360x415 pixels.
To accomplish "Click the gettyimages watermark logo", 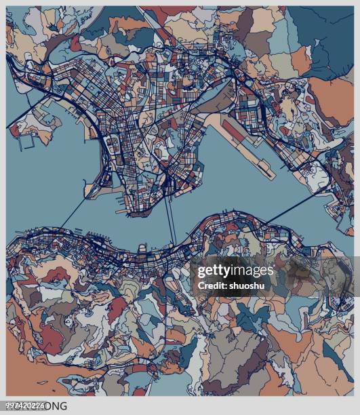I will (x=235, y=271).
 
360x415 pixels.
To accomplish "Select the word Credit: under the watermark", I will (x=212, y=285).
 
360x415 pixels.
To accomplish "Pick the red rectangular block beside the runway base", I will (x=235, y=129).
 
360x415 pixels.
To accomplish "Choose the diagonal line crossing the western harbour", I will (x=75, y=210).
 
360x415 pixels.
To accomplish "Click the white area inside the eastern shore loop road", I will (x=316, y=178).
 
